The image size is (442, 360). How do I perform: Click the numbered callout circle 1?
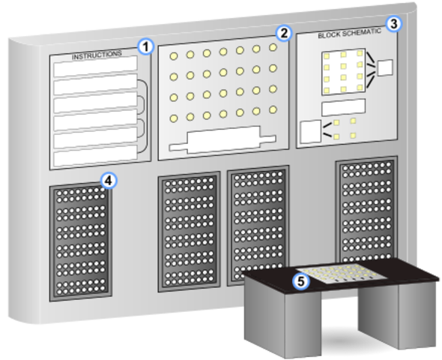[146, 46]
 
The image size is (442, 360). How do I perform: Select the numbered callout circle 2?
[283, 33]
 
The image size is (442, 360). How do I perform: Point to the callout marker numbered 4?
[109, 180]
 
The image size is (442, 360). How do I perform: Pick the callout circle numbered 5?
[300, 281]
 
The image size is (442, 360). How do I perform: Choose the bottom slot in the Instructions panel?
[94, 151]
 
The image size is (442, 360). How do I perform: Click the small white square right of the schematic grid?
[385, 67]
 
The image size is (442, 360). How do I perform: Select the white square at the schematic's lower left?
[309, 131]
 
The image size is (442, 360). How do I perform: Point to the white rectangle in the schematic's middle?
[342, 107]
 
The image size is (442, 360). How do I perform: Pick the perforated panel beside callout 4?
[80, 241]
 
